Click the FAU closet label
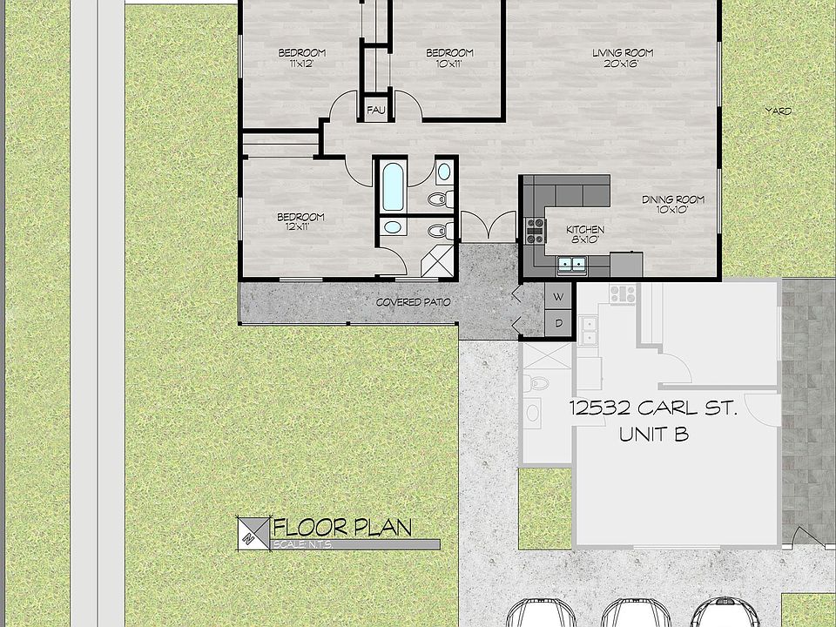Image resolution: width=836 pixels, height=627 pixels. click(x=376, y=110)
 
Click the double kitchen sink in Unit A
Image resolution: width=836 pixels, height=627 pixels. click(x=572, y=263)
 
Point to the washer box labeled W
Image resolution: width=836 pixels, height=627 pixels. click(x=559, y=297)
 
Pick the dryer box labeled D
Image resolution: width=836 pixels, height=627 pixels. click(x=559, y=324)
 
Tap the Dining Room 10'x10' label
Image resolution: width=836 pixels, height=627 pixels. click(x=673, y=205)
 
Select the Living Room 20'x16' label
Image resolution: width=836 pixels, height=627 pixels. click(x=623, y=57)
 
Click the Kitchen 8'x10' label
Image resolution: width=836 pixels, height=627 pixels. click(x=585, y=234)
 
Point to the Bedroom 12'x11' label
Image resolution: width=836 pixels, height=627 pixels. click(x=300, y=221)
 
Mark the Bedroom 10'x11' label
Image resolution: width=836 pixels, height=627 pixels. click(x=449, y=57)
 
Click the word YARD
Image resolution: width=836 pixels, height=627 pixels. click(x=778, y=111)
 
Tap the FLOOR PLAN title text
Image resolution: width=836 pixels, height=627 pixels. click(x=342, y=527)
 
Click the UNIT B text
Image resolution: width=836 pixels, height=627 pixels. click(x=653, y=434)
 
